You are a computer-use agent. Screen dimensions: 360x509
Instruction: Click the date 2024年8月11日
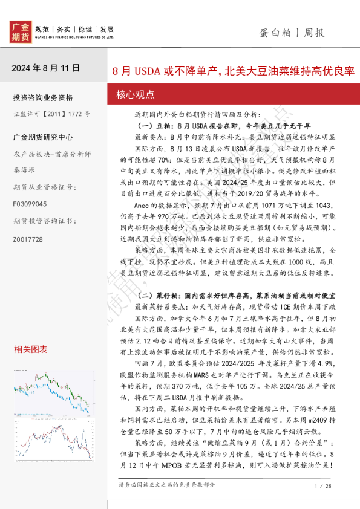click(45, 68)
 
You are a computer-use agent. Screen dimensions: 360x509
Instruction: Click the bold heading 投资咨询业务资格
click(42, 97)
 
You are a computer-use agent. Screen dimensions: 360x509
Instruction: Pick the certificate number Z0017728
click(28, 239)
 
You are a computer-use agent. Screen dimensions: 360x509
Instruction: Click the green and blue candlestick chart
click(54, 387)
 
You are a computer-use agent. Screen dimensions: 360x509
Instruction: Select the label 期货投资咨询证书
click(39, 222)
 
